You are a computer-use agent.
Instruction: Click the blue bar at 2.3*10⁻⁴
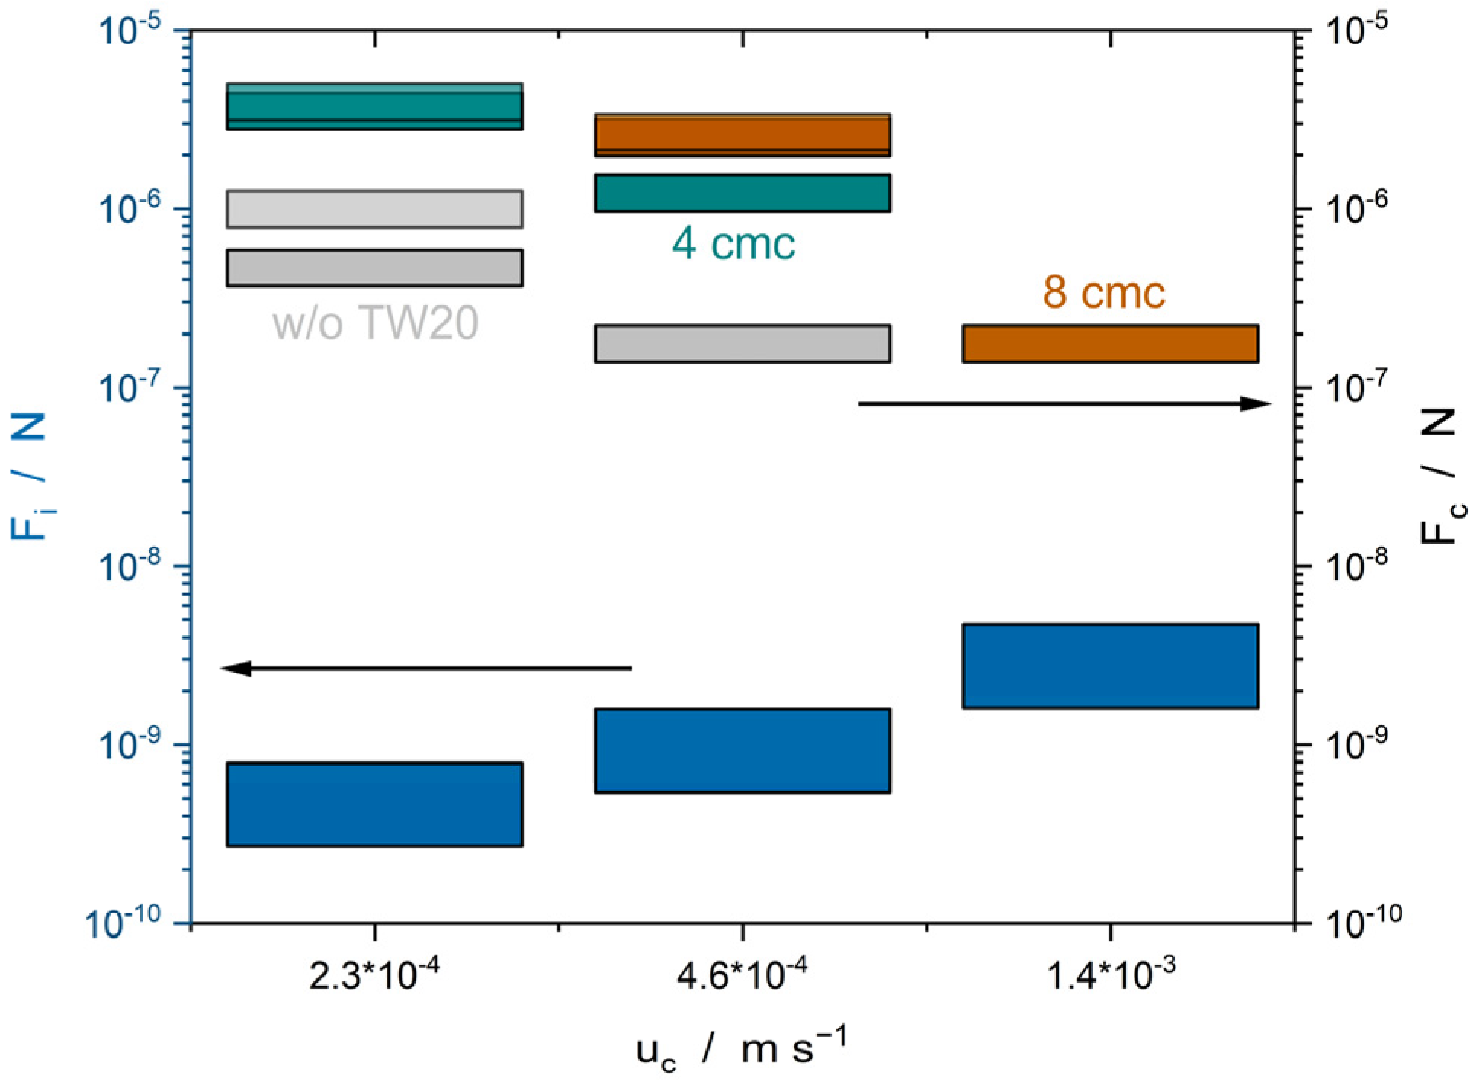pos(374,804)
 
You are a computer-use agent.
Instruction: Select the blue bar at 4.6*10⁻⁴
pos(742,750)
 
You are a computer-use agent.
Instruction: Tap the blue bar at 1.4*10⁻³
pos(1109,666)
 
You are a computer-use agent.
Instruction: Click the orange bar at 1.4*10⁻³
pos(1109,343)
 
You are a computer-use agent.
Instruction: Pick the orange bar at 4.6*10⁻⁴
pos(742,135)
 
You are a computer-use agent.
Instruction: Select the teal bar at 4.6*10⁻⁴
pos(742,193)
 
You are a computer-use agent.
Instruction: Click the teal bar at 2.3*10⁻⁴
pos(374,106)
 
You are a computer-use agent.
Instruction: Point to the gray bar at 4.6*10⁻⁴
pos(742,343)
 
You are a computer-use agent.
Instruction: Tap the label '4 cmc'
pos(733,244)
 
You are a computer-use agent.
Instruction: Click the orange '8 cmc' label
pos(1103,293)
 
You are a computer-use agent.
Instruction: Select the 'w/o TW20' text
pos(375,323)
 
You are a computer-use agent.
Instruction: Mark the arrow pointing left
pos(426,668)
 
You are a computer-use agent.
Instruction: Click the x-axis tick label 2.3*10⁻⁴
pos(374,975)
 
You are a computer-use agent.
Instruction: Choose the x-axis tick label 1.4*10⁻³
pos(1110,975)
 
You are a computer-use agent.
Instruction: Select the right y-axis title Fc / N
pos(1442,476)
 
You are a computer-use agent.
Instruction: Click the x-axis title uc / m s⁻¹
pos(741,1049)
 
